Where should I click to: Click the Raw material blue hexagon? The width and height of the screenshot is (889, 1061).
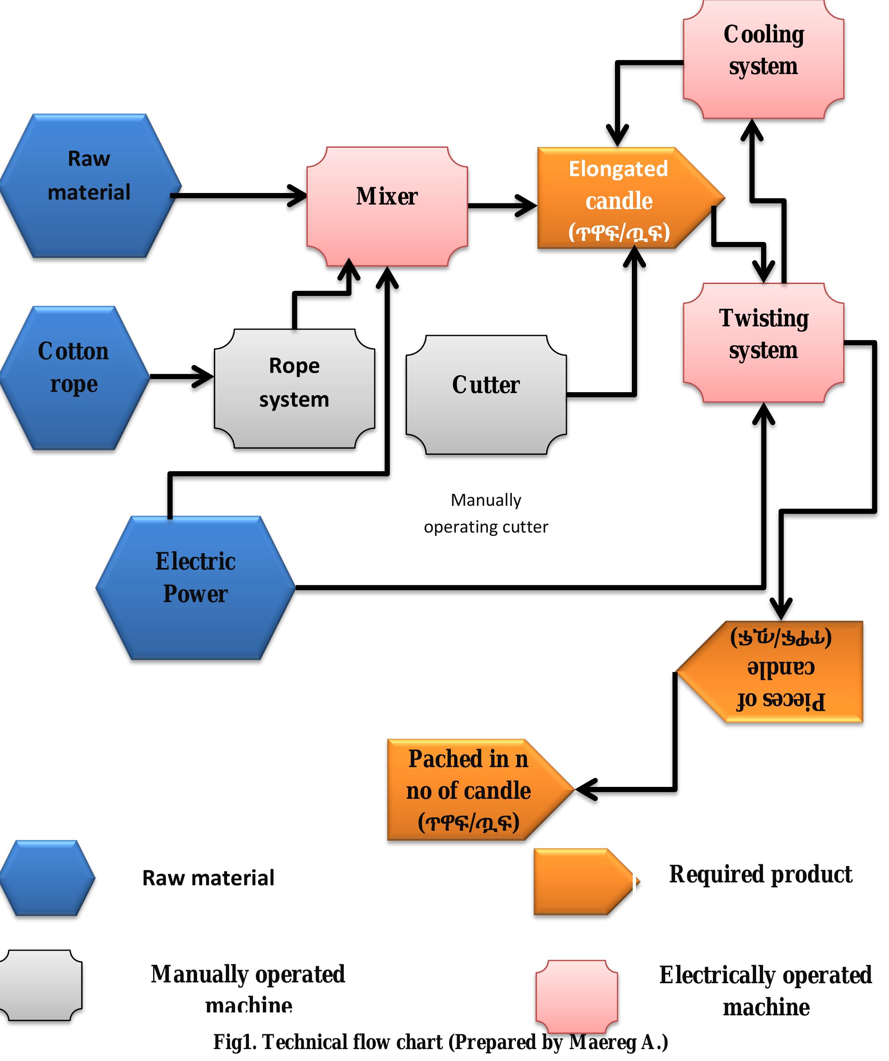click(x=90, y=186)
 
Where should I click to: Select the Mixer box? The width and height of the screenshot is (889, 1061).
click(x=387, y=206)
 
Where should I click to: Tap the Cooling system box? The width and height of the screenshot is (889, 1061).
click(x=763, y=60)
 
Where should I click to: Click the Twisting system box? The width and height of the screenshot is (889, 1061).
click(x=763, y=342)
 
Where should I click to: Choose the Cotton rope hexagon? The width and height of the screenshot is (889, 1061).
click(x=74, y=378)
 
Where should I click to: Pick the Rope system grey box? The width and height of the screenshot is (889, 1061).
click(x=295, y=388)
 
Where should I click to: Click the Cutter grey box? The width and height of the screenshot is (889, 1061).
click(x=486, y=395)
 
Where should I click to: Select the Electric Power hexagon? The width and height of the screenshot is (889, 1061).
click(x=195, y=588)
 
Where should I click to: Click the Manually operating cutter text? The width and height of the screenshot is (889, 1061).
click(x=486, y=513)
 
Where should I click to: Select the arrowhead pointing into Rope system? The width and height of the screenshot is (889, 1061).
click(x=206, y=377)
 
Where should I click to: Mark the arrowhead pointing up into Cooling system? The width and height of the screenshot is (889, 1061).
click(x=752, y=130)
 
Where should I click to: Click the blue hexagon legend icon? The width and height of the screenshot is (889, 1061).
click(x=47, y=878)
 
